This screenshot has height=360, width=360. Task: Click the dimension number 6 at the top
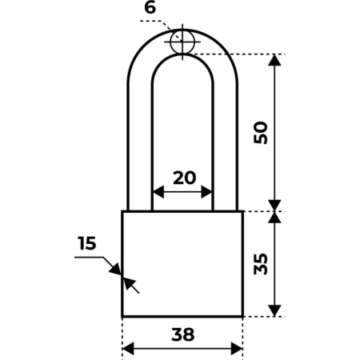[150, 8]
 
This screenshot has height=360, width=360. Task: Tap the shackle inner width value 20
[184, 178]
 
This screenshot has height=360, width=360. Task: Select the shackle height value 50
[261, 133]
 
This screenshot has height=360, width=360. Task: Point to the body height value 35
[261, 264]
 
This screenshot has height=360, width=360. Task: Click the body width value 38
[182, 334]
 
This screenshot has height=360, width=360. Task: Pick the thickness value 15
[87, 243]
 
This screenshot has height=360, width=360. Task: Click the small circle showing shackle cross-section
[182, 42]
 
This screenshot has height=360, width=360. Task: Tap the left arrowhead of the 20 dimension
[158, 192]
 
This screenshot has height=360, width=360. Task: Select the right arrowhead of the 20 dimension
[206, 192]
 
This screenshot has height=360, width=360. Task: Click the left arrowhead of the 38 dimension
[128, 349]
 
